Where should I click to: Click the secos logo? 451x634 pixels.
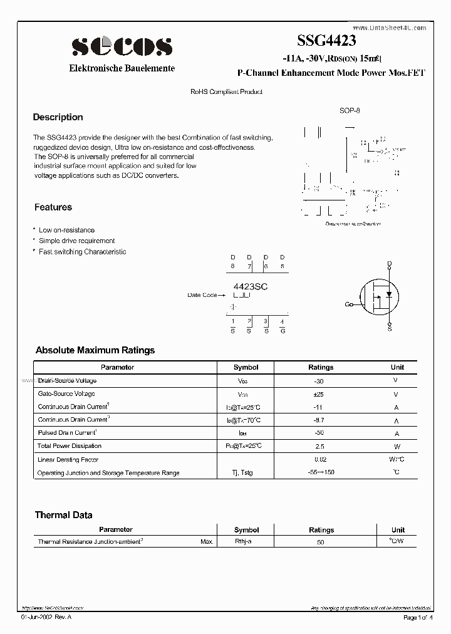[x=122, y=46]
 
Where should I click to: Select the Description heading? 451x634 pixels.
[x=58, y=117]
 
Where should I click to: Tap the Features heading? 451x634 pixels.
[x=53, y=207]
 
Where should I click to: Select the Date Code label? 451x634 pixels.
[x=202, y=295]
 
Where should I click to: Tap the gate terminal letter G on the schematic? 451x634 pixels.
[x=348, y=304]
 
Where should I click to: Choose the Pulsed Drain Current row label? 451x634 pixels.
[x=67, y=433]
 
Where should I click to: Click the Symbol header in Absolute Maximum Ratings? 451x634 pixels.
[x=246, y=367]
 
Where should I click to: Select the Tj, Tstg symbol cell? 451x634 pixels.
[x=246, y=473]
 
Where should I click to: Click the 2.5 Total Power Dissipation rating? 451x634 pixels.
[x=320, y=446]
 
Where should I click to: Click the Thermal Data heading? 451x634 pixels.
[x=63, y=515]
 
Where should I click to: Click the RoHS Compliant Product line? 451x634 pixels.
[x=226, y=92]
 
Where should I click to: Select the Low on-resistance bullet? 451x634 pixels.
[x=66, y=231]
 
